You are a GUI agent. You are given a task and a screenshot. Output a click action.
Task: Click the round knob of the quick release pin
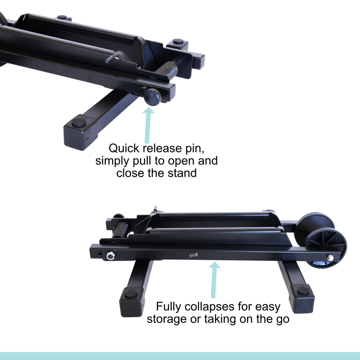pyautogui.click(x=153, y=97)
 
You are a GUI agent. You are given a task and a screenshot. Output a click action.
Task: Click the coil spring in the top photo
pyautogui.click(x=168, y=69)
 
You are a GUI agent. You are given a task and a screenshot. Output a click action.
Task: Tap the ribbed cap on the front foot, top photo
pyautogui.click(x=79, y=122)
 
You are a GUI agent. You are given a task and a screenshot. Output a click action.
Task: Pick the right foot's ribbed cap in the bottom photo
pyautogui.click(x=303, y=291)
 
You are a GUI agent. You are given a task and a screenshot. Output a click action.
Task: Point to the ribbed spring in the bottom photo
pyautogui.click(x=120, y=230)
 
